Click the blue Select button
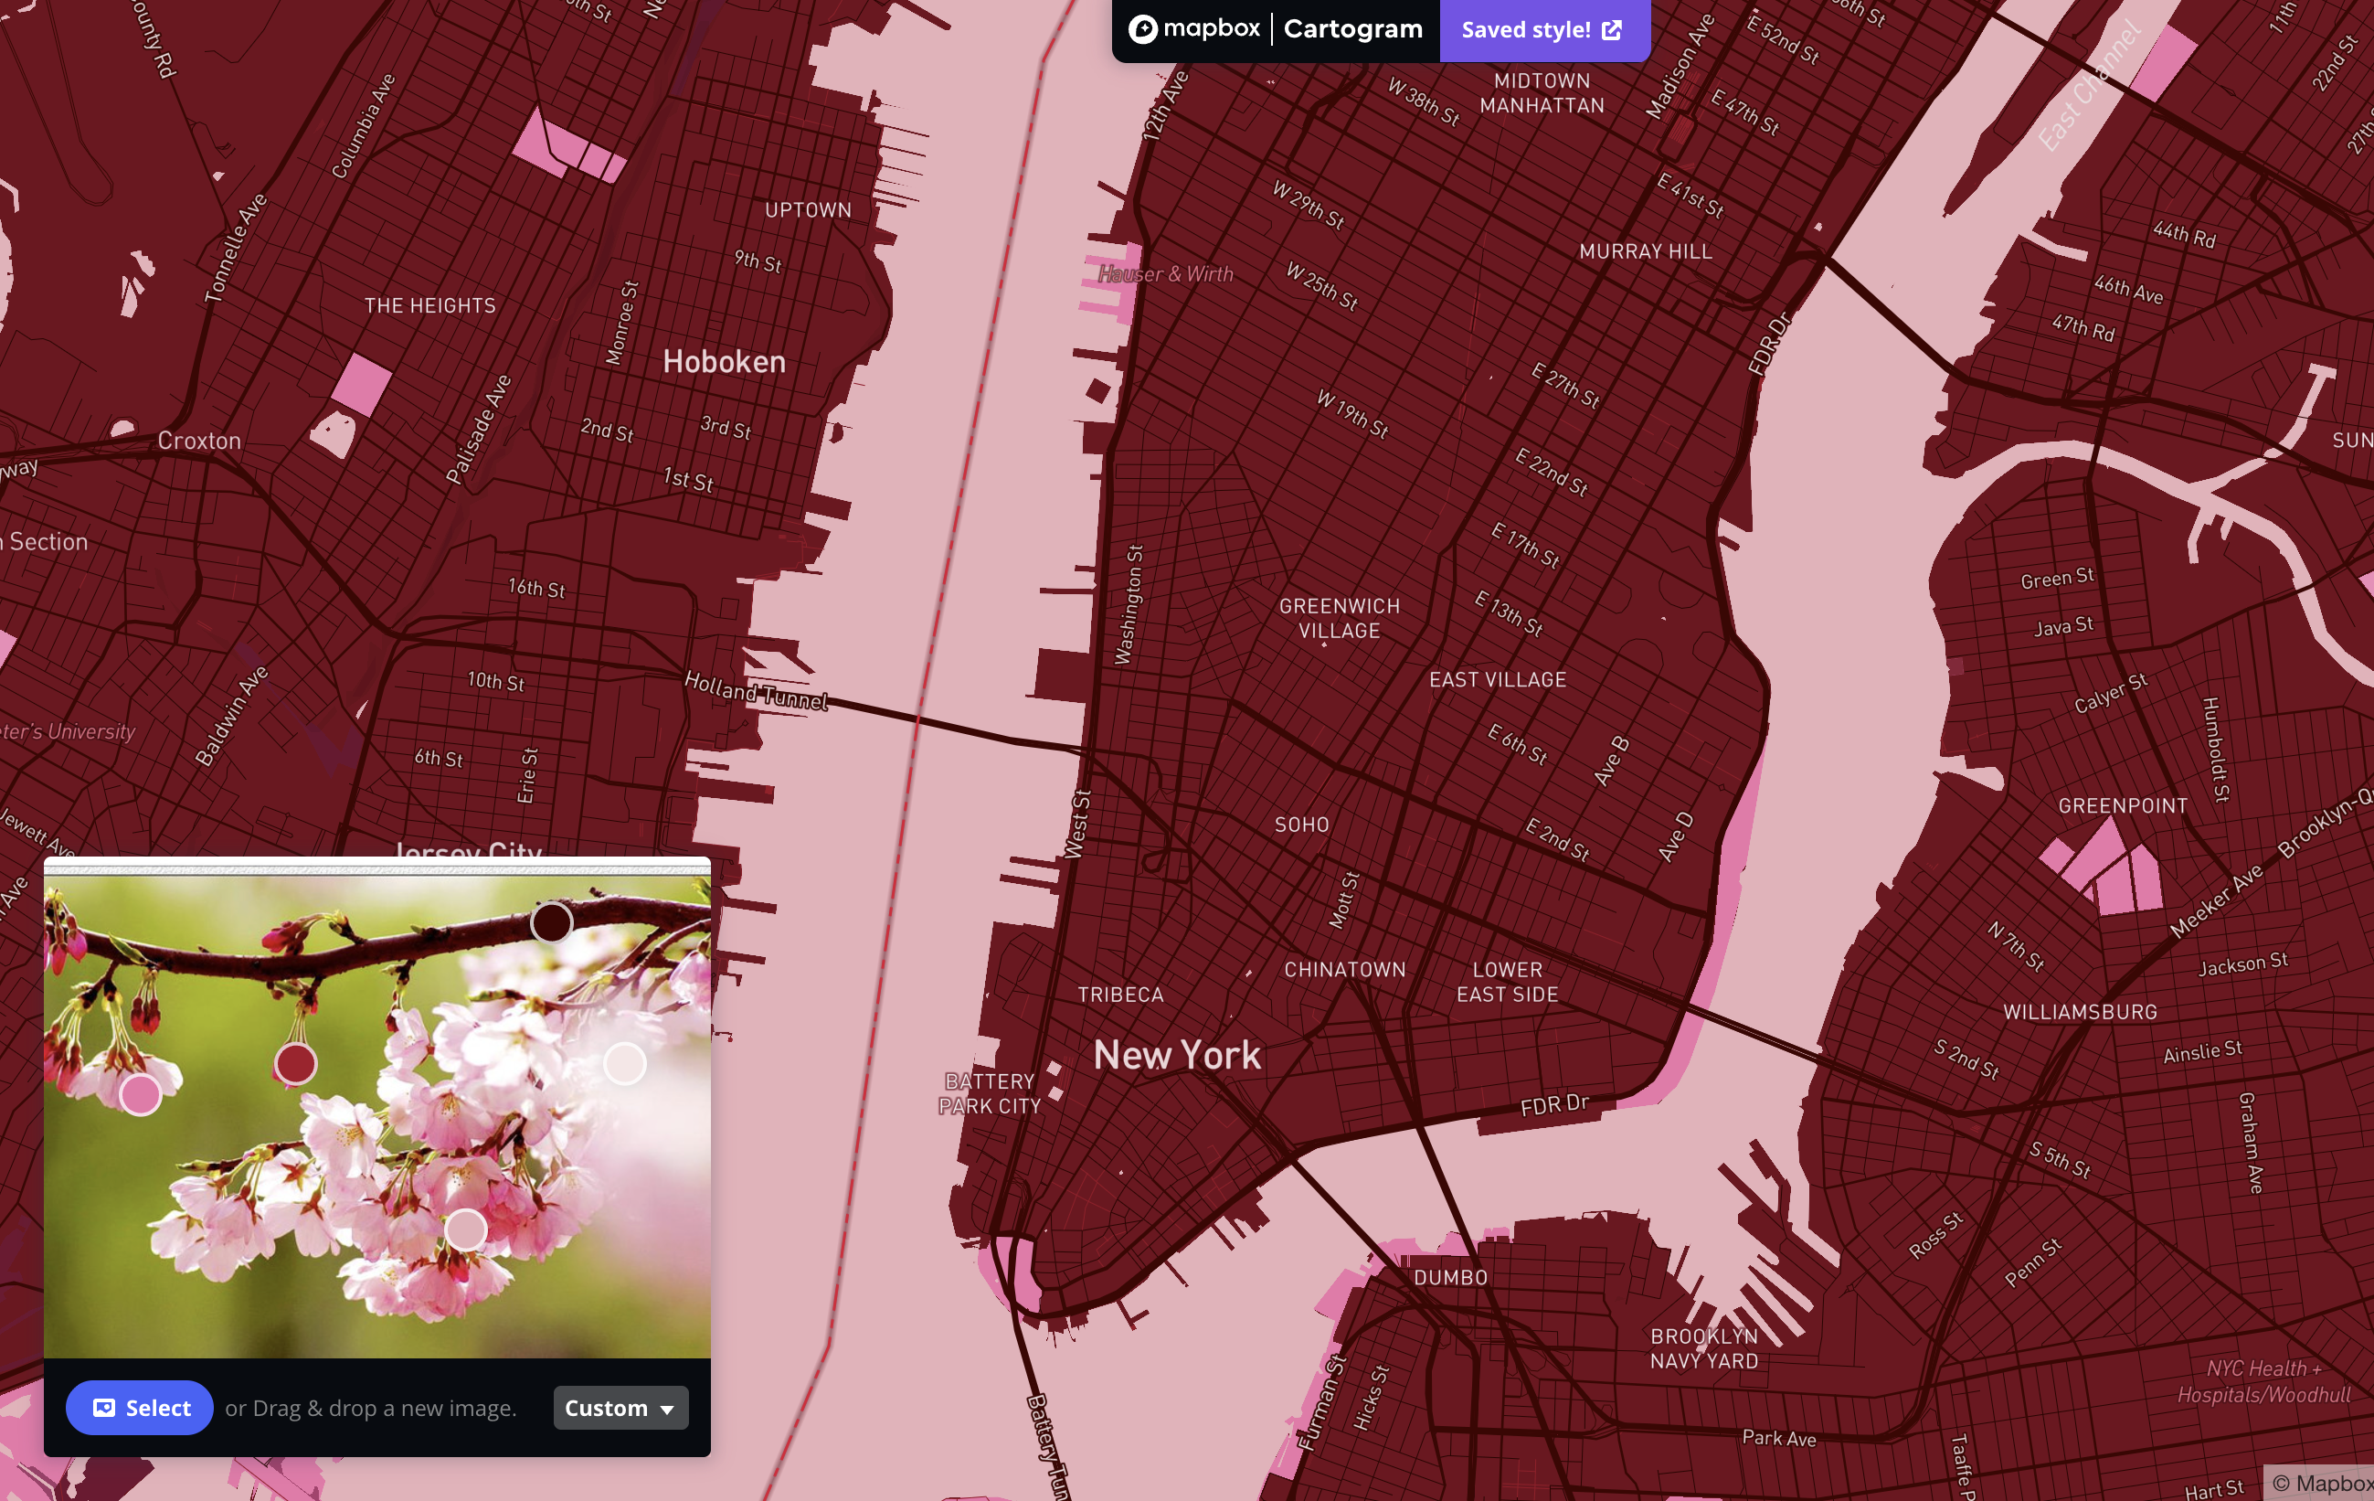(x=139, y=1408)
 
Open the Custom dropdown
(x=620, y=1408)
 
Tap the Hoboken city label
(x=724, y=362)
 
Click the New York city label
(x=1177, y=1055)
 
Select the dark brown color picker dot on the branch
(x=551, y=922)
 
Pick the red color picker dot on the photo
(x=295, y=1064)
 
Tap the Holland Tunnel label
(x=757, y=690)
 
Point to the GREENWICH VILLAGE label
(x=1339, y=618)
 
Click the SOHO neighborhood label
(x=1301, y=825)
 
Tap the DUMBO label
(x=1450, y=1277)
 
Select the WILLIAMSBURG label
(x=2080, y=1012)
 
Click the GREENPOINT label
(x=2123, y=805)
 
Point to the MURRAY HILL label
(x=1646, y=251)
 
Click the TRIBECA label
(x=1120, y=994)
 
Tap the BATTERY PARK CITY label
(x=989, y=1093)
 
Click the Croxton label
(x=199, y=441)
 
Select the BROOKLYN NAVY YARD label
(x=1703, y=1348)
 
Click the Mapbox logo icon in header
(x=1142, y=29)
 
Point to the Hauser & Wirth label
(x=1165, y=274)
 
